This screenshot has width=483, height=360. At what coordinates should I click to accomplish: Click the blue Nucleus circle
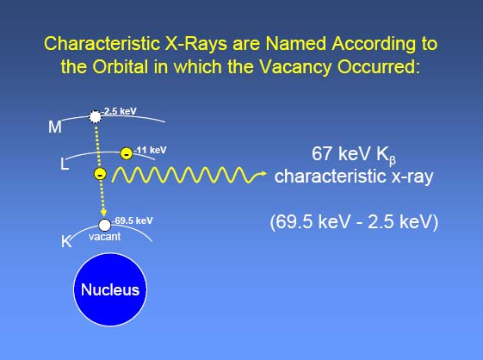point(110,289)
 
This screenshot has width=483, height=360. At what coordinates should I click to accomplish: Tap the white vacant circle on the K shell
point(105,225)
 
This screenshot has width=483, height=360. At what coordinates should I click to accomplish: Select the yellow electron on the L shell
point(127,153)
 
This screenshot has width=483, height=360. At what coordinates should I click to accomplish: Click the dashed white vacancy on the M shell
point(96,117)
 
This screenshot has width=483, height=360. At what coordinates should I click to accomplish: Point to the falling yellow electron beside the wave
point(100,174)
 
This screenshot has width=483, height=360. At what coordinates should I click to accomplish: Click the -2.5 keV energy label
point(119,111)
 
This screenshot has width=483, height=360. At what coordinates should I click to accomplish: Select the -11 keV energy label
point(150,150)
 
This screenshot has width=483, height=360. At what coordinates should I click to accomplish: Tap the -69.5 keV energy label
point(133,220)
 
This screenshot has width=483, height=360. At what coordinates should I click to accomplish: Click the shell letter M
point(55,127)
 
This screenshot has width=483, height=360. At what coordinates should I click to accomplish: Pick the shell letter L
point(64,164)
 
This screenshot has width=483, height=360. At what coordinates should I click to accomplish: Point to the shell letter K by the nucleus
point(66,241)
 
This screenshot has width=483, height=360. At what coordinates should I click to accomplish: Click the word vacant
point(105,237)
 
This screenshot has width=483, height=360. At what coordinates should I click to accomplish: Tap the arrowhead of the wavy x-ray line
point(263,174)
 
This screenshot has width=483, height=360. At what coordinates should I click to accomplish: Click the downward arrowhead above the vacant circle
point(104,213)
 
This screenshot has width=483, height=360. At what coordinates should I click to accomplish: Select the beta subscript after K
point(392,160)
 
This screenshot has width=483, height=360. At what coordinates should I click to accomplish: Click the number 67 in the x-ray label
point(323,153)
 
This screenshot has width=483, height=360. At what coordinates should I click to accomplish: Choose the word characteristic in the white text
point(331,177)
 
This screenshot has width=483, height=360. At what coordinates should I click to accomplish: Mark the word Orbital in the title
point(121,66)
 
